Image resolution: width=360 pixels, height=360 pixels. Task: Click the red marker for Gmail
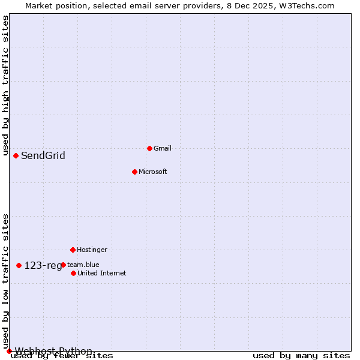click(149, 148)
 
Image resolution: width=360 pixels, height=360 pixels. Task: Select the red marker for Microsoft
click(134, 172)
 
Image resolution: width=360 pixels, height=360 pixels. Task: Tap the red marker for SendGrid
click(16, 155)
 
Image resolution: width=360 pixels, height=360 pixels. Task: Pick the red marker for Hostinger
click(73, 250)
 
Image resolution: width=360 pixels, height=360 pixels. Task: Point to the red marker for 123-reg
click(19, 265)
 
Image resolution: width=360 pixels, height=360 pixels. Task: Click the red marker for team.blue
click(63, 265)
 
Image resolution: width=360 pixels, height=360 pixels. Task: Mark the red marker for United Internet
click(73, 273)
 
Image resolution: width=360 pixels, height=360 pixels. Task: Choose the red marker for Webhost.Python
click(9, 351)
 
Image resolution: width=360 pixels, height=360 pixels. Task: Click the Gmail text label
click(163, 148)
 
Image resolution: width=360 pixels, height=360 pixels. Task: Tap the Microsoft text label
click(153, 172)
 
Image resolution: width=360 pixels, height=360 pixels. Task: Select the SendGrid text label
click(43, 156)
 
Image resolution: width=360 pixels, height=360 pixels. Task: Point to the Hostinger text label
click(92, 250)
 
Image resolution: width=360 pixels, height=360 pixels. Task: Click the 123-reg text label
click(43, 265)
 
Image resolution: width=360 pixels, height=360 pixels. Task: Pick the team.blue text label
click(83, 265)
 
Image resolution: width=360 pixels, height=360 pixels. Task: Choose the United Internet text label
click(102, 273)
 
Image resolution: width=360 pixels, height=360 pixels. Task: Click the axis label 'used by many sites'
click(301, 355)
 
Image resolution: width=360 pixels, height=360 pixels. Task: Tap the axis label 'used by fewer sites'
click(62, 355)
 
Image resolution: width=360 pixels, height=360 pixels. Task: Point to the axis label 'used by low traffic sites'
click(5, 281)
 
